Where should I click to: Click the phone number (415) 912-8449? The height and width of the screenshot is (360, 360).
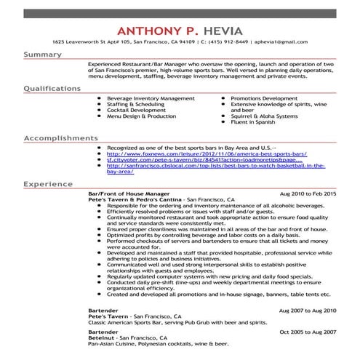pos(234,42)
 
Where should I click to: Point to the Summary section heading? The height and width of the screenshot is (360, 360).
pos(42,55)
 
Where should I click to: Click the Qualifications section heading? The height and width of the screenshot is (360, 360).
pos(52,88)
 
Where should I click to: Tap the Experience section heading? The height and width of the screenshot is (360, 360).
pos(49,185)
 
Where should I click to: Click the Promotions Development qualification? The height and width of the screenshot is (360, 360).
pos(259,97)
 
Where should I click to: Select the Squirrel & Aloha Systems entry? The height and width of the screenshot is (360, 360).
pos(264,116)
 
